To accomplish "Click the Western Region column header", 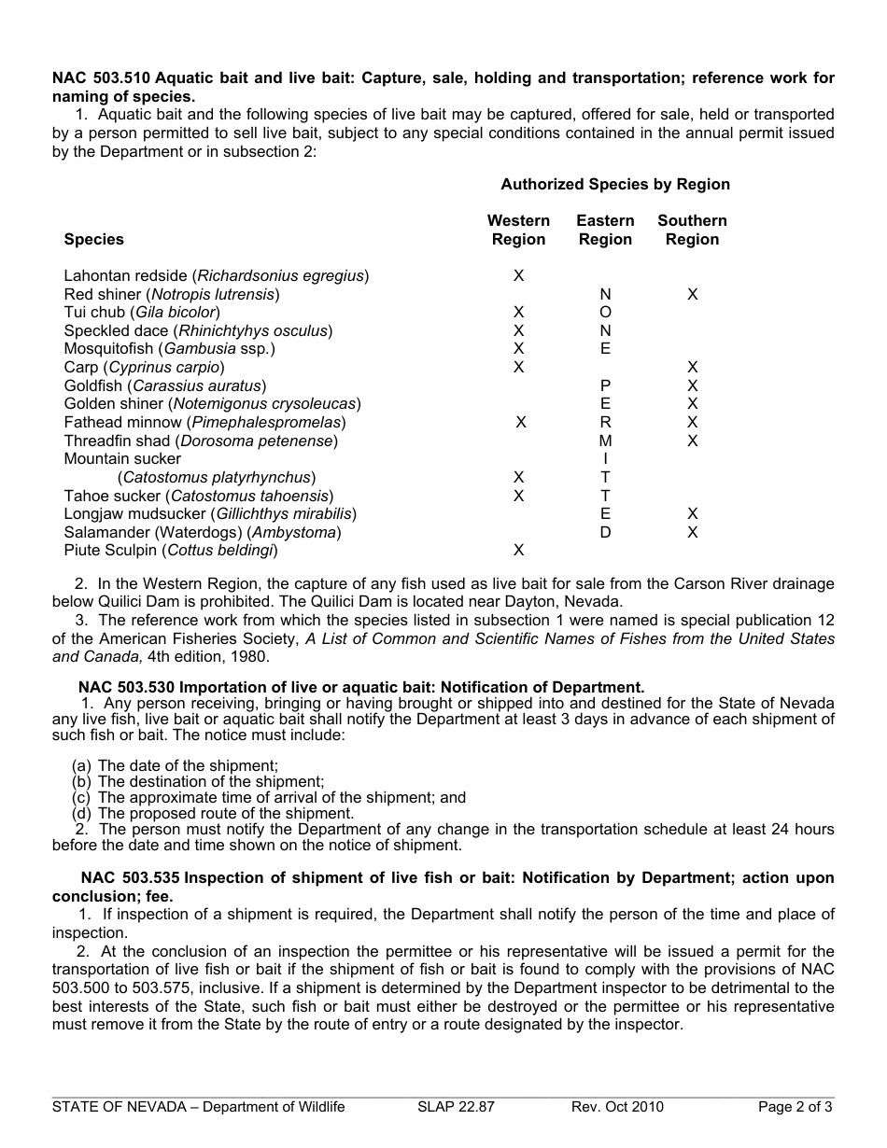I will [x=518, y=230].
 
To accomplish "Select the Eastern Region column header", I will [x=605, y=230].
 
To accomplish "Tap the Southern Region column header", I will [x=692, y=230].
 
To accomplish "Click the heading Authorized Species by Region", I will [x=615, y=185].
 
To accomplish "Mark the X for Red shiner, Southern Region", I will [x=692, y=294].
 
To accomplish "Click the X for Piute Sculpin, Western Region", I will [x=519, y=550].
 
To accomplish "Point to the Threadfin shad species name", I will [x=201, y=441].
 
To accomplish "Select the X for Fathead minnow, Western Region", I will [x=521, y=422].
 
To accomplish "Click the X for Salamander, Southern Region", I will [x=692, y=532].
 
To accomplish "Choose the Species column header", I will [x=93, y=239].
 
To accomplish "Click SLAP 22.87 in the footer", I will [x=456, y=1107].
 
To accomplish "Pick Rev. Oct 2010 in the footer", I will [x=617, y=1107].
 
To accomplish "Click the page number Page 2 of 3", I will [x=795, y=1107].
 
